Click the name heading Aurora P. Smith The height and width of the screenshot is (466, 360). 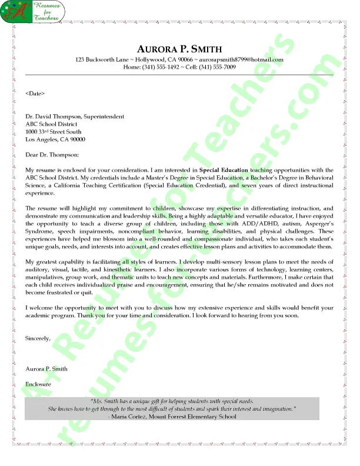pyautogui.click(x=179, y=48)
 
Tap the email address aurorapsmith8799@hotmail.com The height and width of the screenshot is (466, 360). pyautogui.click(x=243, y=60)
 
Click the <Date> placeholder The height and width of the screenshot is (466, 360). pyautogui.click(x=35, y=93)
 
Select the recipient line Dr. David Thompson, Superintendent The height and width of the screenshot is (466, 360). pyautogui.click(x=75, y=116)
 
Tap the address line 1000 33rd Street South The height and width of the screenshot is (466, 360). pyautogui.click(x=54, y=132)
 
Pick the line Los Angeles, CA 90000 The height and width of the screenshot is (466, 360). pyautogui.click(x=55, y=139)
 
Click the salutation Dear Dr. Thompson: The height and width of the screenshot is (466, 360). pyautogui.click(x=52, y=155)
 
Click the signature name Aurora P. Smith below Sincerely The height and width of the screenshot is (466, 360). pyautogui.click(x=46, y=369)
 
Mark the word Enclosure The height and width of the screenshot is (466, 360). pyautogui.click(x=38, y=384)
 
